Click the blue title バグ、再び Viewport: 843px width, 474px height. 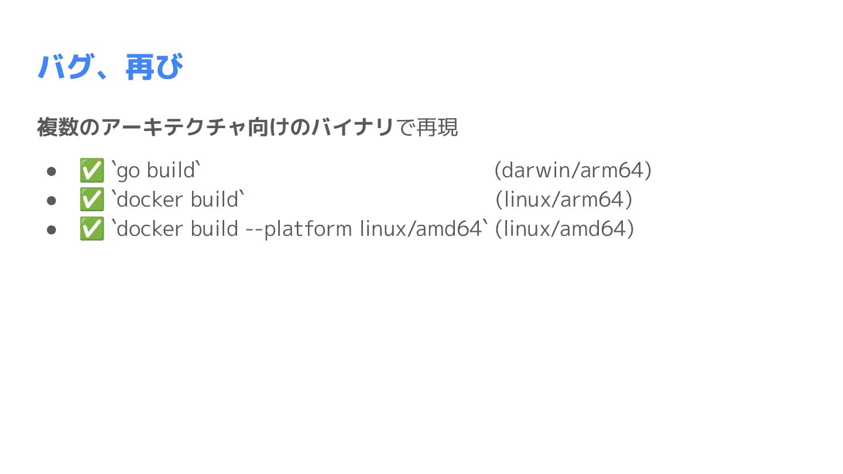click(x=110, y=67)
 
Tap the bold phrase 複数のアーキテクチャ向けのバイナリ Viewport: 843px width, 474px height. click(x=215, y=127)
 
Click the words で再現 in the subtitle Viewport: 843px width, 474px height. click(x=427, y=127)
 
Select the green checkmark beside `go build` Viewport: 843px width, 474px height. click(x=91, y=170)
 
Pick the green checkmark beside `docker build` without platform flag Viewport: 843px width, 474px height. click(x=91, y=200)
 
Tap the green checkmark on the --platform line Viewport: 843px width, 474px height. click(x=91, y=229)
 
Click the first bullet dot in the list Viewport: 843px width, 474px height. click(x=52, y=171)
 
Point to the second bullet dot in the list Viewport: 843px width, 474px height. click(x=52, y=200)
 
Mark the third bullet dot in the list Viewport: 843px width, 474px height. click(x=52, y=229)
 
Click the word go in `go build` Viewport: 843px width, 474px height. click(x=128, y=171)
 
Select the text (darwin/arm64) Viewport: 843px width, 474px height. click(x=573, y=170)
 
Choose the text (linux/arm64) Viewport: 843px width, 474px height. click(x=564, y=200)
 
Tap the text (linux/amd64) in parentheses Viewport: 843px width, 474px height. click(x=564, y=229)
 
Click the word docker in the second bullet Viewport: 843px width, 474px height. click(x=150, y=200)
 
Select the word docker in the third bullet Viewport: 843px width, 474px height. click(x=150, y=229)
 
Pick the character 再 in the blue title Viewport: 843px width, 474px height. click(x=140, y=67)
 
